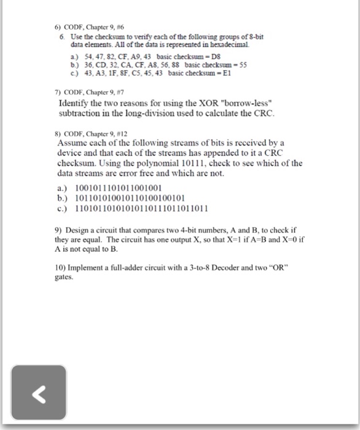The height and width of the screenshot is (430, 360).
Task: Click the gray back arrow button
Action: tap(38, 393)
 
